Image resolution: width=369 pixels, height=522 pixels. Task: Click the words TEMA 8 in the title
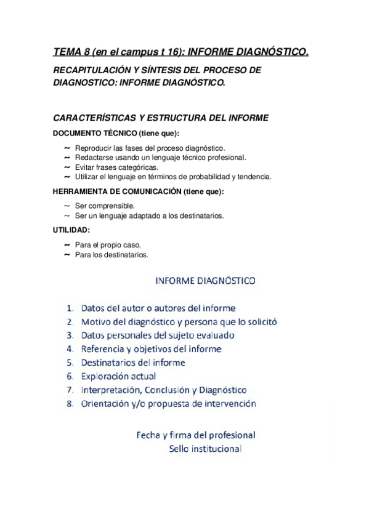click(71, 53)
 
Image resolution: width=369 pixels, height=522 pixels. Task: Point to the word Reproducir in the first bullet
click(93, 148)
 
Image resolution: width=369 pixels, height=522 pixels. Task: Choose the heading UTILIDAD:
click(71, 230)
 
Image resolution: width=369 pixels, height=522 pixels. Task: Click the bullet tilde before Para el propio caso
click(67, 244)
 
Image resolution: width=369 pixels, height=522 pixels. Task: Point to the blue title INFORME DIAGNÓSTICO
click(205, 281)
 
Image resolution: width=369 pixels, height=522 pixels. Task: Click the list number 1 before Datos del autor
click(70, 308)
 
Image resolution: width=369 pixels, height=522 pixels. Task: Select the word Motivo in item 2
click(97, 322)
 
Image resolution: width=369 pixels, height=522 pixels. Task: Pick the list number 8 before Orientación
click(70, 404)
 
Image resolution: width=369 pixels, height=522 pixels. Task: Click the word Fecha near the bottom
click(148, 435)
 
